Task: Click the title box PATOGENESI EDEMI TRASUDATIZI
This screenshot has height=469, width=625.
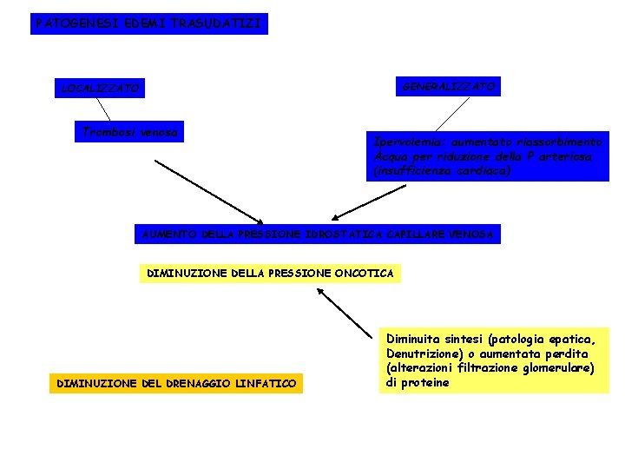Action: (x=148, y=23)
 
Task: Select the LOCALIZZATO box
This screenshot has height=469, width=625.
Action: (x=99, y=88)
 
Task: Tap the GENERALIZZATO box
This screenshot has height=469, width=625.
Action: (x=449, y=86)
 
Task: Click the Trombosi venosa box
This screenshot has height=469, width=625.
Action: (x=129, y=132)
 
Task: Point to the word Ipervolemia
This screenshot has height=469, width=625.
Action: (x=405, y=141)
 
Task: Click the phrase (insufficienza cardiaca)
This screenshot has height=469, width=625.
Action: (x=442, y=171)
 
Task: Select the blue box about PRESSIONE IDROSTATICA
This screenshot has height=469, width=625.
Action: (x=318, y=234)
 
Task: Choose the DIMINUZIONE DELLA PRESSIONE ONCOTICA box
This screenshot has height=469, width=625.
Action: (x=270, y=274)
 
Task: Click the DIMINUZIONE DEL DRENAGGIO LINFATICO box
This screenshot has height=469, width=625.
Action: (x=176, y=383)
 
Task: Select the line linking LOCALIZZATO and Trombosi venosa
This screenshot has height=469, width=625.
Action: (x=102, y=109)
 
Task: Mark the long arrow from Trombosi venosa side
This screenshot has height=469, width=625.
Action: (x=208, y=191)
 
